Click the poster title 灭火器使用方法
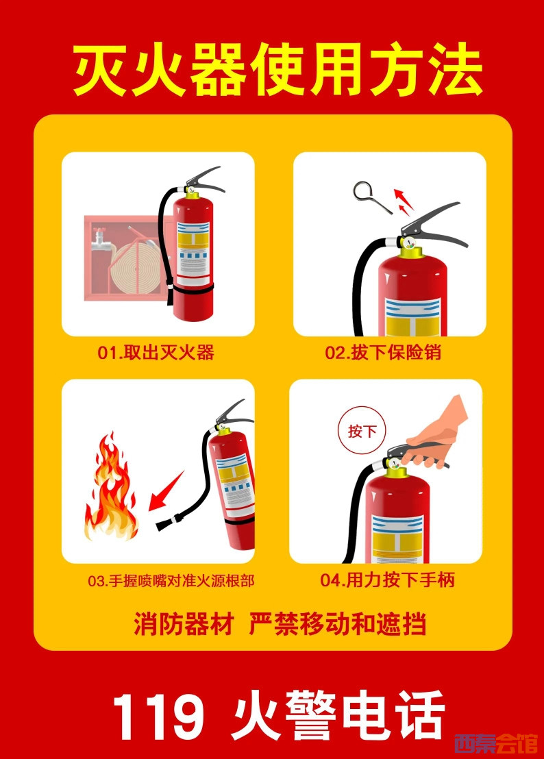(277, 70)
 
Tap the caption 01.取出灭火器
(156, 352)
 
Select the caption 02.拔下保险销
(383, 352)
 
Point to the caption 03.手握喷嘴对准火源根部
(171, 580)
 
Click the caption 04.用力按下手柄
(387, 580)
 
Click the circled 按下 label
(362, 430)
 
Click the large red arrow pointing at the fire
(166, 491)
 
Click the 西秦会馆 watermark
(495, 743)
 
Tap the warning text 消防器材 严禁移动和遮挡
(280, 623)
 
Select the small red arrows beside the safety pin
(403, 201)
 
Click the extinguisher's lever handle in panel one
(206, 178)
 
